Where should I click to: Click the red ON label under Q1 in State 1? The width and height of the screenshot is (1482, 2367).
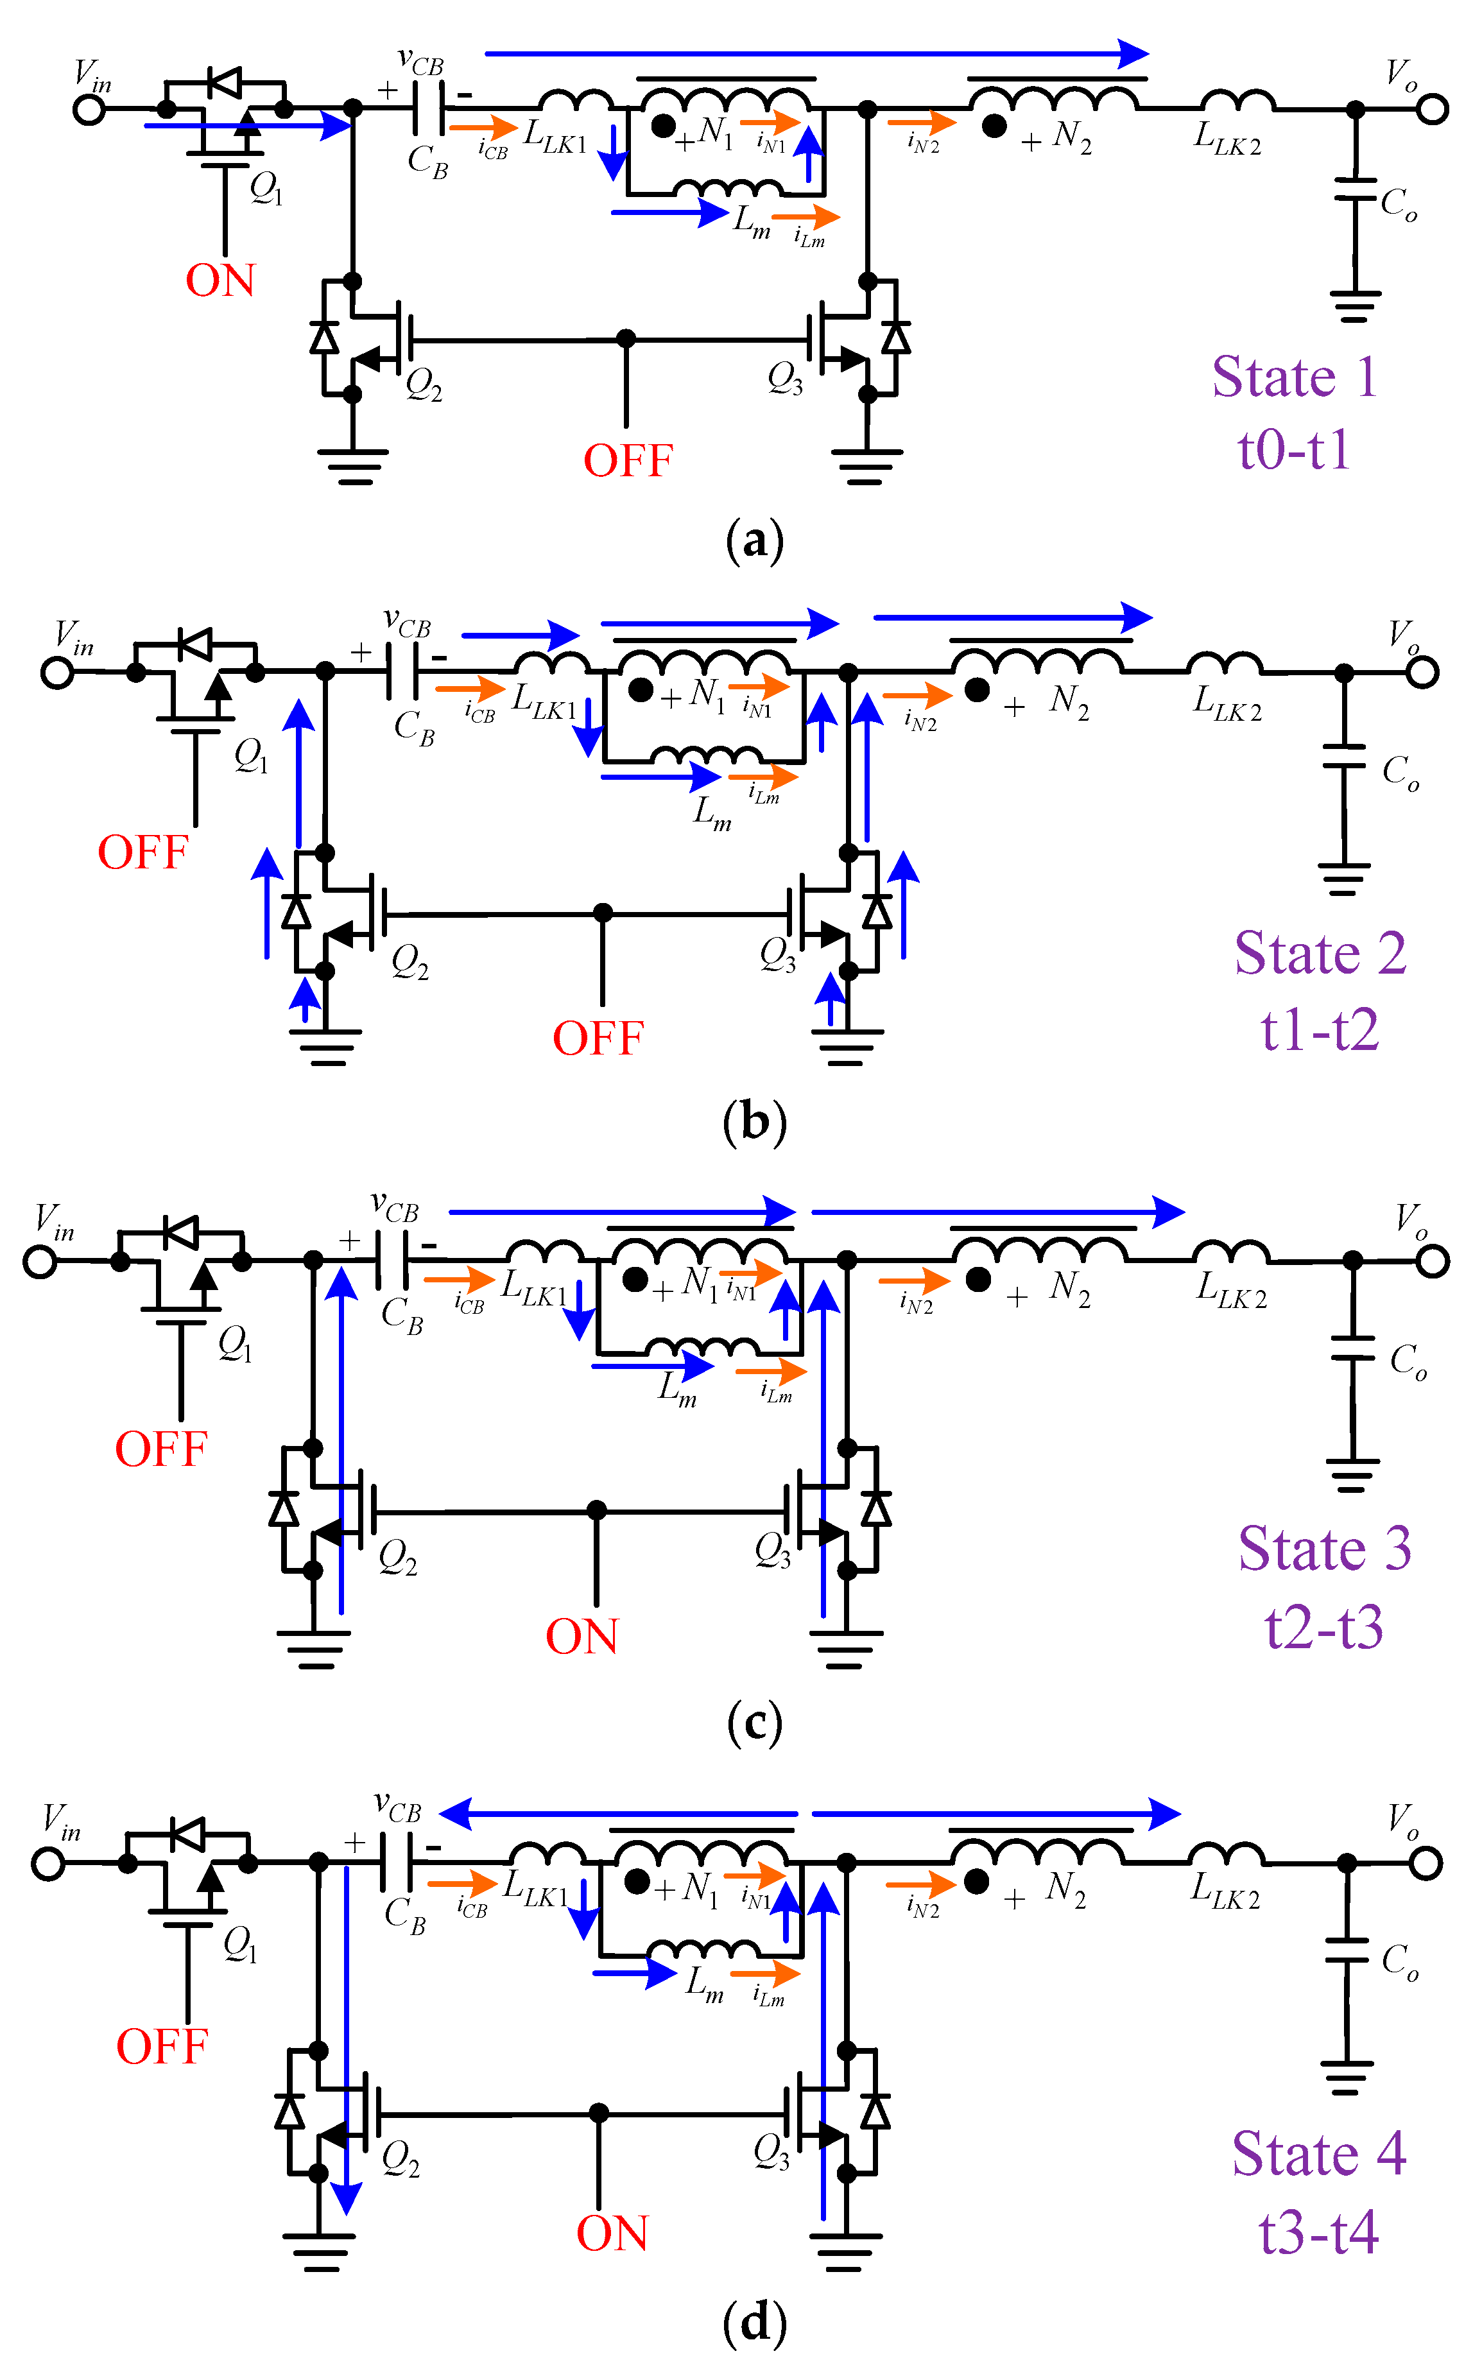[x=221, y=281]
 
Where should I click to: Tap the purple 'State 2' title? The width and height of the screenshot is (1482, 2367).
[x=1319, y=954]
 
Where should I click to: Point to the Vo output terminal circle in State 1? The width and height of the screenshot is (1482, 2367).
[x=1432, y=109]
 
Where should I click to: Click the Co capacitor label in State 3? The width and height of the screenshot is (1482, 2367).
[x=1408, y=1361]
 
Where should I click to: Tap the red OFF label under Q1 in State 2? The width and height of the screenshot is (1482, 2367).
[x=143, y=853]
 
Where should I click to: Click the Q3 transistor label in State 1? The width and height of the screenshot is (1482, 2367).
[x=785, y=377]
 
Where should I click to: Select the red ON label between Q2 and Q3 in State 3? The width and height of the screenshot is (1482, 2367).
[x=582, y=1637]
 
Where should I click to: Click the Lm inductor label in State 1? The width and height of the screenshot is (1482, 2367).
[x=752, y=221]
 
